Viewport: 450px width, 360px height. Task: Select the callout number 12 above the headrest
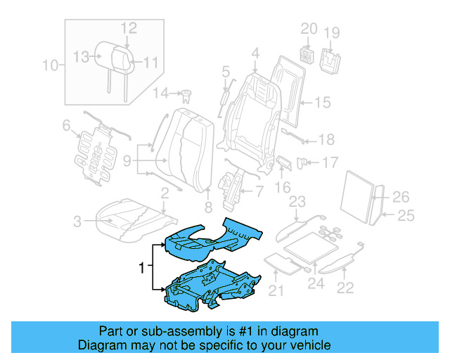[128, 27]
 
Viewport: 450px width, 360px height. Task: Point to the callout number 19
[332, 32]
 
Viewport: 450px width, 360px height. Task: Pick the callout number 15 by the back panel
[321, 103]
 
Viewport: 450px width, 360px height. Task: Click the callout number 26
[401, 197]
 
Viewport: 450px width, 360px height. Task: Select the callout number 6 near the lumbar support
[66, 126]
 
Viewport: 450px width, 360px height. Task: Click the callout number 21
[276, 291]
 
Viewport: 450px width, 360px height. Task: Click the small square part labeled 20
[307, 53]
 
